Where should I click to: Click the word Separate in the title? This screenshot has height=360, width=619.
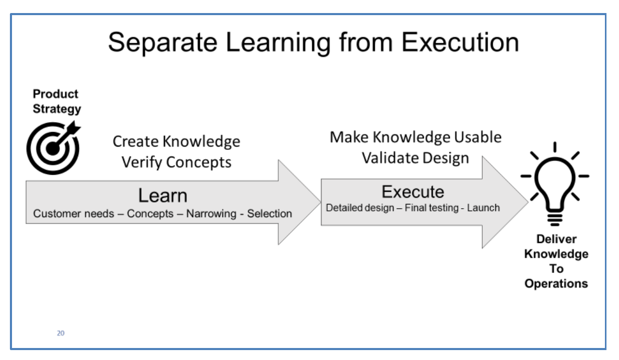pos(163,43)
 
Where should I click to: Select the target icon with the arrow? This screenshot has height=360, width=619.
pos(54,148)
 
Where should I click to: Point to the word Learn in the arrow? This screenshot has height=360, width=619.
pos(163,196)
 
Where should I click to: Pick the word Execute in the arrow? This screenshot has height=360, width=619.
pos(412,192)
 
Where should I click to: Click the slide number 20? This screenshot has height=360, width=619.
pos(61,333)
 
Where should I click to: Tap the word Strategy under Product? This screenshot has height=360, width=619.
pos(57,109)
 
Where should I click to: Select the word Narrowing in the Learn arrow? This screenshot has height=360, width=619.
pos(211,213)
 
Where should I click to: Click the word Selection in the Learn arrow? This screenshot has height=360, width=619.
pos(270,213)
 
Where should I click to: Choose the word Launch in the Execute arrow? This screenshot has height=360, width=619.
pos(483,208)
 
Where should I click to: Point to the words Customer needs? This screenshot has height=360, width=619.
pos(74,213)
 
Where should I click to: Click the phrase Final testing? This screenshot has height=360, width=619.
pos(432,208)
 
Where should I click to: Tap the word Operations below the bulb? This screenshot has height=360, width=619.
pos(556,284)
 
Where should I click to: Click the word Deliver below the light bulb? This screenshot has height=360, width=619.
pos(556,239)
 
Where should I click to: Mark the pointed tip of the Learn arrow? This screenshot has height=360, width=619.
pos(320,202)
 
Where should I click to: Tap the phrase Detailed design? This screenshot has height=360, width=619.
pos(360,208)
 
